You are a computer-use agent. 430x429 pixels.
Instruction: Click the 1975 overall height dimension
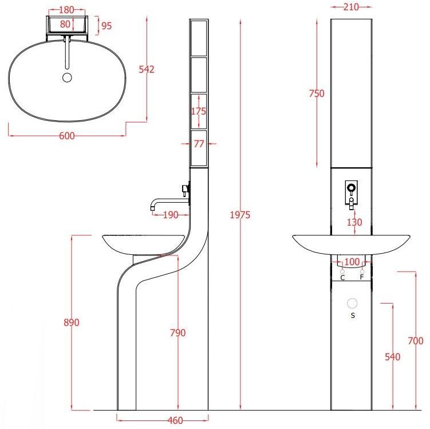[240, 215]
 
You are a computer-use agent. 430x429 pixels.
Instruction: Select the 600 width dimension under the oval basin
[66, 136]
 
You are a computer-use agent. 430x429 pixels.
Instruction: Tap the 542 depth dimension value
[147, 69]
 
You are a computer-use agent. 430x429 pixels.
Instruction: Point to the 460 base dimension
[175, 420]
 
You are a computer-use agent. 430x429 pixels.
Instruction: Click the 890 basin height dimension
[72, 322]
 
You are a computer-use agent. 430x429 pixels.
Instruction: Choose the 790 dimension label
[177, 333]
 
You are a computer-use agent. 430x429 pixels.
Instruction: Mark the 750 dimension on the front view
[317, 93]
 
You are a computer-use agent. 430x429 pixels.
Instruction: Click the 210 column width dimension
[351, 7]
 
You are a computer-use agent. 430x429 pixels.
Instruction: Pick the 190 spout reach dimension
[171, 215]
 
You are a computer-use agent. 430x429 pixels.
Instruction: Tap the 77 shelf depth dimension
[199, 143]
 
